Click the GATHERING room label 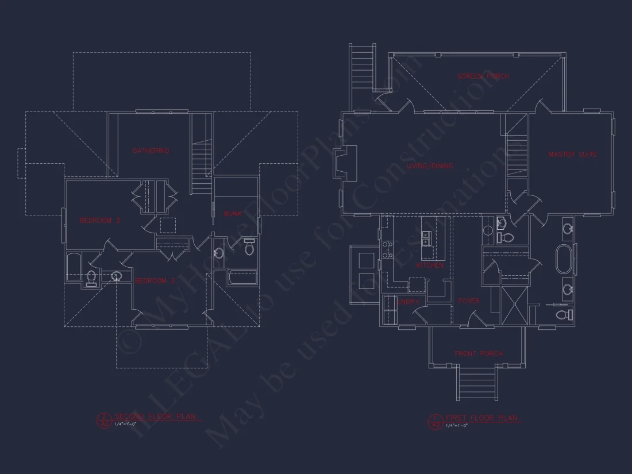(151, 151)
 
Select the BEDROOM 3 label (99, 220)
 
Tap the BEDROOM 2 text (155, 280)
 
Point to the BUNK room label (233, 214)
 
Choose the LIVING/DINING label (430, 166)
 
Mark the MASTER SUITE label (572, 155)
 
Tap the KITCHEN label (430, 265)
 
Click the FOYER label (469, 300)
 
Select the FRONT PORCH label (479, 354)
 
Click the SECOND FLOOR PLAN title (151, 417)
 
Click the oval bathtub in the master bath (564, 260)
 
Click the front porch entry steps (477, 384)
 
